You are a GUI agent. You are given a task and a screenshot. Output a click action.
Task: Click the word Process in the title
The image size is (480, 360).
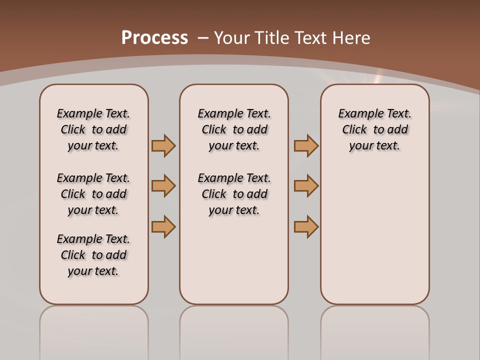click(x=154, y=38)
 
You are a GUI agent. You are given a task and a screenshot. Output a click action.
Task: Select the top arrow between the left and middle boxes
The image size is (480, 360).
click(x=163, y=145)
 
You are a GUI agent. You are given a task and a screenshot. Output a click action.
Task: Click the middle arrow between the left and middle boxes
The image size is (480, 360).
click(x=163, y=186)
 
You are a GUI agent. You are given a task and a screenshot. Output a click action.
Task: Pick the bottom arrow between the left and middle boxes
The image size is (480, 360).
click(x=163, y=226)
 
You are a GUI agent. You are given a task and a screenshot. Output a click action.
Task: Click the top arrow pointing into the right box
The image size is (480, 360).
click(x=306, y=145)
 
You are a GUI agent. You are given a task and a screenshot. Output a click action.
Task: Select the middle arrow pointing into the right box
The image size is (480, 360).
click(x=306, y=186)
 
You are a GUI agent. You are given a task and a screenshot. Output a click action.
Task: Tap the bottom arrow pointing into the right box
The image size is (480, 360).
click(x=306, y=226)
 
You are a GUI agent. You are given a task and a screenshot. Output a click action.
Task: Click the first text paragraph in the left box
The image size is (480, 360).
click(x=93, y=129)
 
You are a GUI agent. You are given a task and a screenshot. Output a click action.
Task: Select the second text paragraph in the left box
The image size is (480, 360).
click(x=93, y=194)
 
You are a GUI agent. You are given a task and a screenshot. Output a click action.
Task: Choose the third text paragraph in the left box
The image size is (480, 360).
click(x=93, y=255)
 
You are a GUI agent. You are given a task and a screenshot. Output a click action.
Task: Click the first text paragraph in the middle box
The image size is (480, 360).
click(x=234, y=129)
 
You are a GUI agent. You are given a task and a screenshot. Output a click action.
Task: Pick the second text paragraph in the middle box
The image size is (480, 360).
click(x=234, y=194)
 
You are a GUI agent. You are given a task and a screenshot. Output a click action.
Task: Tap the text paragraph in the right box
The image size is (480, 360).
click(x=374, y=129)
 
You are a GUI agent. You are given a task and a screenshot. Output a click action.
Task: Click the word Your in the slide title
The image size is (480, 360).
click(x=232, y=38)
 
